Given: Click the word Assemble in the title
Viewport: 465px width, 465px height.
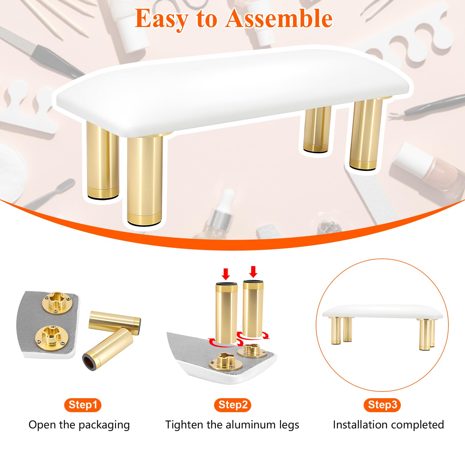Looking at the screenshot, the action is (279, 18).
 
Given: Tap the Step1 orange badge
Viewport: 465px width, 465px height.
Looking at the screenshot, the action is (83, 405).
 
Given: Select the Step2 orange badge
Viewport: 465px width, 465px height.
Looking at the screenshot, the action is (233, 405).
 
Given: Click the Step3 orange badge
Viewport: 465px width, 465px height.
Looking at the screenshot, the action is (382, 405).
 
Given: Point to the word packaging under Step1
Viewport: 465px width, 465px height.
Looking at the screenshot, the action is (104, 425).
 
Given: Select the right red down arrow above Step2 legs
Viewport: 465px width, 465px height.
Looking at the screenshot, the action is (253, 272).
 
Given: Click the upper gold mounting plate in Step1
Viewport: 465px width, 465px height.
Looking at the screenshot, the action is (57, 303).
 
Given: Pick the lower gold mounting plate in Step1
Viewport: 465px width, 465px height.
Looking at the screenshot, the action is (52, 338).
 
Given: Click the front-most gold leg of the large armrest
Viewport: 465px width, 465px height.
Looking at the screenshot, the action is (144, 179).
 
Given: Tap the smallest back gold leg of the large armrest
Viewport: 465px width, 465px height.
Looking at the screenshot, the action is (316, 129).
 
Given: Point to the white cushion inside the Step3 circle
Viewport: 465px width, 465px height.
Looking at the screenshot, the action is (383, 312).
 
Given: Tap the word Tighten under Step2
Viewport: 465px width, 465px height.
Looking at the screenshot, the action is (185, 425).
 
